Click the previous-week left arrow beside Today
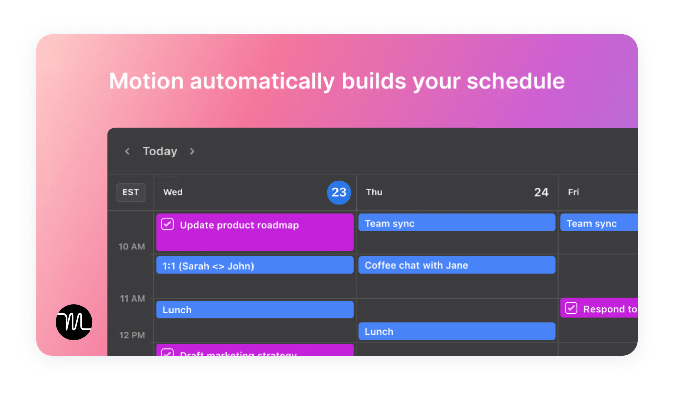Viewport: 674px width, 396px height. pos(127,151)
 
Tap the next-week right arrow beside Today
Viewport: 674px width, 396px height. pos(192,151)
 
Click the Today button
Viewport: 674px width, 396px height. pos(159,151)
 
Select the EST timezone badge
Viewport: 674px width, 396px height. pos(131,192)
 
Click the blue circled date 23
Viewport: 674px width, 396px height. pos(339,192)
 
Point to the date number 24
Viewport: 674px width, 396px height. pos(541,192)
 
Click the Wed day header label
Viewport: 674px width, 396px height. pos(173,192)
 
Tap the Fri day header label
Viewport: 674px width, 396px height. pos(573,192)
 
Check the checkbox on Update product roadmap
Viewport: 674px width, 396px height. pos(167,224)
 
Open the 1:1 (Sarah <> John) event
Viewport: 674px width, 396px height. pos(255,265)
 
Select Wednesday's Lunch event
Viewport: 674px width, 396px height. pos(255,310)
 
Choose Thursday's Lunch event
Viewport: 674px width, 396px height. pos(457,331)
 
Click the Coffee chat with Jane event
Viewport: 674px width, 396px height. pos(457,265)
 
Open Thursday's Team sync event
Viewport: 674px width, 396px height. pos(457,223)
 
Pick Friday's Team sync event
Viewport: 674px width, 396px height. pos(599,223)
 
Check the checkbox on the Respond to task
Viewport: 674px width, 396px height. pos(571,308)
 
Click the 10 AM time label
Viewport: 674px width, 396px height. pos(132,247)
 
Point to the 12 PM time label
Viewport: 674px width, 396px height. pos(132,335)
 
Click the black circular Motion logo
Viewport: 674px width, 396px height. pos(74,322)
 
